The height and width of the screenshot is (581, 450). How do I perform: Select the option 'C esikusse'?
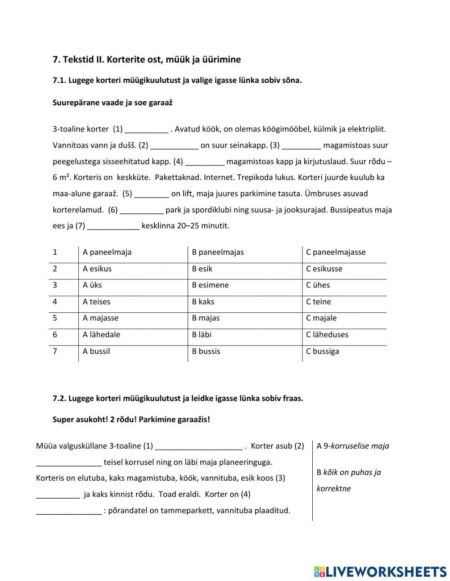tap(324, 269)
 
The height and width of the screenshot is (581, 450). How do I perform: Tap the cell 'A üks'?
tap(92, 285)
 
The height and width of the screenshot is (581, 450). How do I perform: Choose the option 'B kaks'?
tap(203, 302)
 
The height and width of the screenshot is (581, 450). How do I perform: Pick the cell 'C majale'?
tap(321, 318)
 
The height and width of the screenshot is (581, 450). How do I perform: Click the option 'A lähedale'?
tap(101, 334)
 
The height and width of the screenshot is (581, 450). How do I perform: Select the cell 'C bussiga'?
tap(323, 351)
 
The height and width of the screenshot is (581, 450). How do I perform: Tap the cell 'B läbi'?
tap(202, 334)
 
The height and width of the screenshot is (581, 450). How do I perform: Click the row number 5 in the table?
tap(55, 318)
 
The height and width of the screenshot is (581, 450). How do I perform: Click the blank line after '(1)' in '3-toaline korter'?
tap(146, 130)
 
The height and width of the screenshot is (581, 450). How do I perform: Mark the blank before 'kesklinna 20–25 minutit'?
tap(113, 226)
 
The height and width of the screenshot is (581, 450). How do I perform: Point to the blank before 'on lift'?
tap(152, 194)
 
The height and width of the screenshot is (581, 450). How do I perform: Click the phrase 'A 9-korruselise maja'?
tap(353, 446)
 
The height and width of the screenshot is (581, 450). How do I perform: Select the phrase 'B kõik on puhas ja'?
tap(349, 472)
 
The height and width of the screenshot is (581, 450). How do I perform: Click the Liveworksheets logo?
tap(380, 571)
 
